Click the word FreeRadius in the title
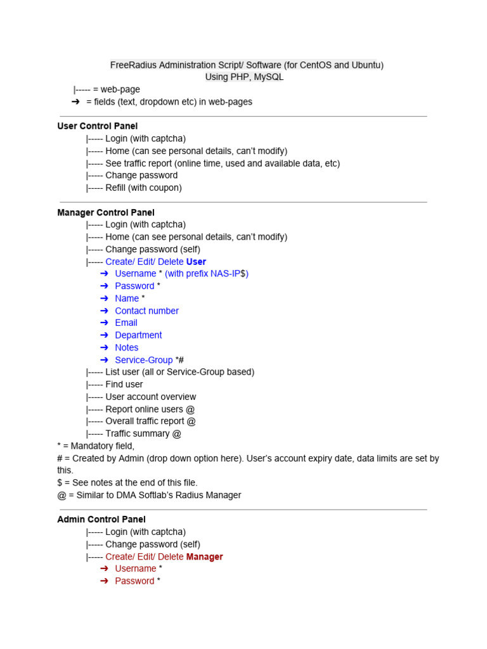(133, 65)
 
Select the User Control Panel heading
(97, 126)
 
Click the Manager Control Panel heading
(106, 212)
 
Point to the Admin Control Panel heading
(101, 519)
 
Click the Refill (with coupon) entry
(143, 188)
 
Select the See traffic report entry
(222, 163)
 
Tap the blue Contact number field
(146, 311)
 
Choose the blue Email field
(126, 323)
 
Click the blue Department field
(138, 335)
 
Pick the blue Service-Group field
(143, 359)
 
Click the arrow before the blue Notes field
(104, 347)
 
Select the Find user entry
(124, 384)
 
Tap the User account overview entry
(150, 397)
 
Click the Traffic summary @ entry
(143, 434)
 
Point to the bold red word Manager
(204, 556)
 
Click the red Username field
(135, 569)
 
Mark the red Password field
(134, 581)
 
